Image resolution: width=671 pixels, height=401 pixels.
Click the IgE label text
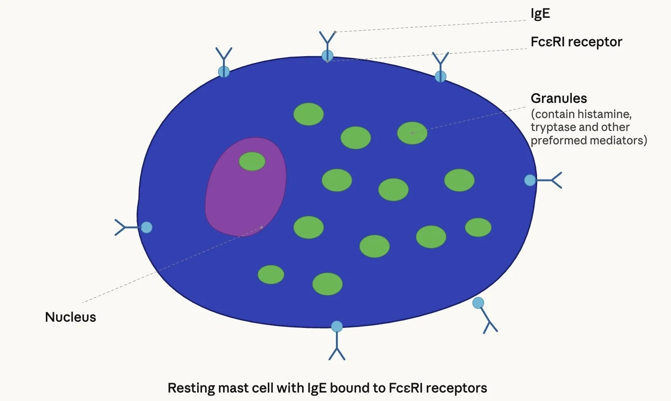pos(540,13)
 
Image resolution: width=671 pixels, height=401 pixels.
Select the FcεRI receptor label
pos(576,42)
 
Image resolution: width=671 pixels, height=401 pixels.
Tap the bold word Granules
pos(558,98)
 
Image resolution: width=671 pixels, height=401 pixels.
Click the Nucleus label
pos(70,317)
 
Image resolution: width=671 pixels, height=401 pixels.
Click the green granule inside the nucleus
pos(252,161)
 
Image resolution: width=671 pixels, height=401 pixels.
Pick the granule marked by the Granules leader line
pos(412,133)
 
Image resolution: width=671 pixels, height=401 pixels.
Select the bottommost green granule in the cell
pos(327,284)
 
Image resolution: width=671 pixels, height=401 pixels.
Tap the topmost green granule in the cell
pos(308,114)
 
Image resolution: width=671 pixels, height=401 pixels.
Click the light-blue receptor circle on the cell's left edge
pos(146,228)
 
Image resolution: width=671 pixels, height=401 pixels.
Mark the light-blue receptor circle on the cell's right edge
pos(530,180)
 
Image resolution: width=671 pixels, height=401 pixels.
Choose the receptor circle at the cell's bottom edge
pos(337,327)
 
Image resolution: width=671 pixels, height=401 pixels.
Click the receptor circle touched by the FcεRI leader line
pos(327,56)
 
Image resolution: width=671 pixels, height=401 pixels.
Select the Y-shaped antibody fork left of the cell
pos(120,227)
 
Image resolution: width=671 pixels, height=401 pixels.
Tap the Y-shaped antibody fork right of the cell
pos(556,180)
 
